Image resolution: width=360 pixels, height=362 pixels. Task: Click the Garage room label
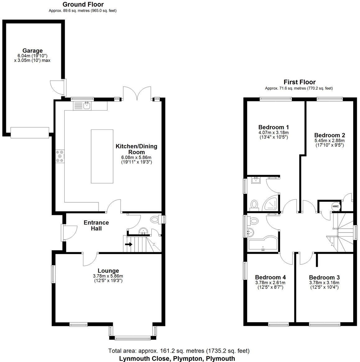point(32,51)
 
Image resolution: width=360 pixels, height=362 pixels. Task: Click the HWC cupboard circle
point(335,206)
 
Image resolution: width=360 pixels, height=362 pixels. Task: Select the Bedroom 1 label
point(274,127)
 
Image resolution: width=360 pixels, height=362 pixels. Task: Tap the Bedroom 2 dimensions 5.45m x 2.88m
point(330,141)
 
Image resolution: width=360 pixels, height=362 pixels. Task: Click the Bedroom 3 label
point(324,277)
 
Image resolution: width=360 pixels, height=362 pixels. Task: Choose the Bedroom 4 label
point(270,277)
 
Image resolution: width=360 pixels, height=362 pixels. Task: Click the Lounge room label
point(108,270)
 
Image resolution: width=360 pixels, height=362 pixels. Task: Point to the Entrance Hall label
point(96,225)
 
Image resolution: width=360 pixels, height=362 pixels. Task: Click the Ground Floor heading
point(83,4)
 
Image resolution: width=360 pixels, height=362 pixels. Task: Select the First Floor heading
point(299,82)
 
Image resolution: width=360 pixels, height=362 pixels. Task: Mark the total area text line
point(178,351)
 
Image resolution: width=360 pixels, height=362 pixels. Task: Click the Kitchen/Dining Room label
point(136,149)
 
